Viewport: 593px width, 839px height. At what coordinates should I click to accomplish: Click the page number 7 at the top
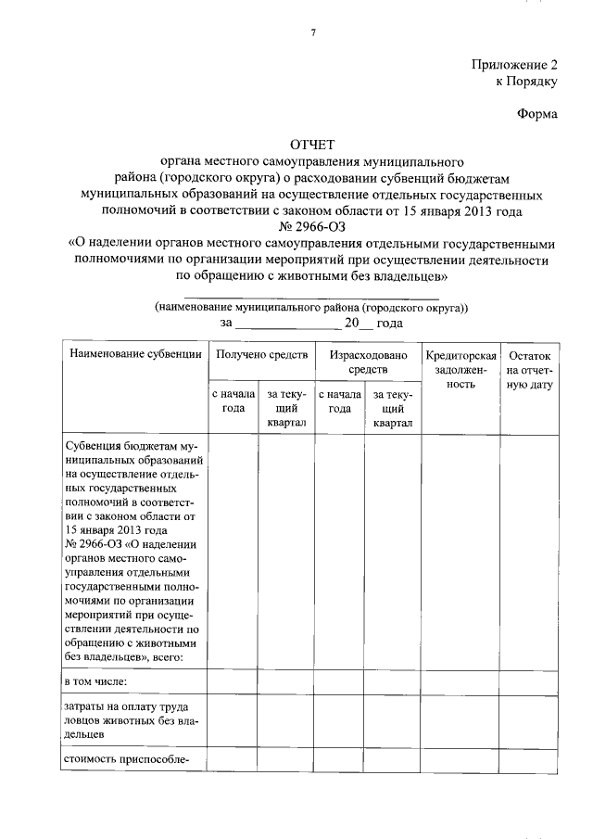(312, 33)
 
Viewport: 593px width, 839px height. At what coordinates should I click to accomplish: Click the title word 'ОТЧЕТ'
(312, 145)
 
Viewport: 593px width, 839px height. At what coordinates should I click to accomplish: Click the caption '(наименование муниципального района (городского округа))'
(312, 307)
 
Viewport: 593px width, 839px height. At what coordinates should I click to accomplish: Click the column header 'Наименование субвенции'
(133, 355)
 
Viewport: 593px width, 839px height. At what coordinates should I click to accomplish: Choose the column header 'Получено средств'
(260, 355)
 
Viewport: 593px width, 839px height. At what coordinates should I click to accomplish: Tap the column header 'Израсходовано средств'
(367, 362)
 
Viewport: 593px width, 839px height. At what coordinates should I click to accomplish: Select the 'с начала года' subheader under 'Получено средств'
(233, 401)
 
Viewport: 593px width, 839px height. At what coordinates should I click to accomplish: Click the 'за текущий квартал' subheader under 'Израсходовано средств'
(393, 409)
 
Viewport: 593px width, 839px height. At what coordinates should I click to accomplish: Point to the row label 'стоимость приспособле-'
(126, 759)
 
